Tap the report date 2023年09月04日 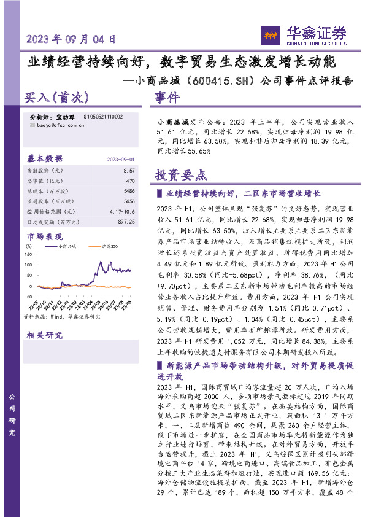[71, 39]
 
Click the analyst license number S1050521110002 [97, 117]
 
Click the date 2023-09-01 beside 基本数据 [121, 158]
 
